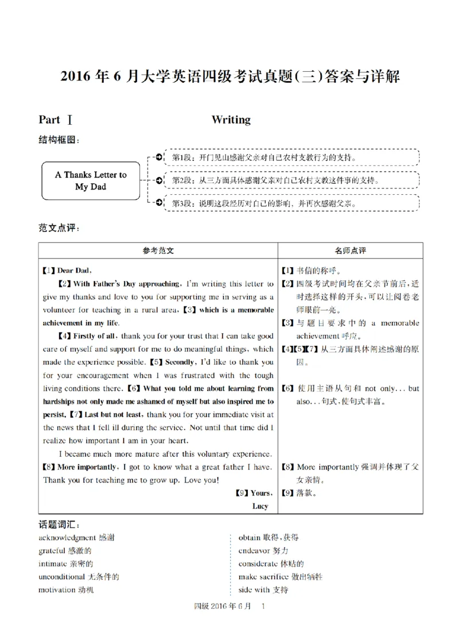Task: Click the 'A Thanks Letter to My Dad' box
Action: pos(91,180)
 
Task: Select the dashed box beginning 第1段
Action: pos(291,157)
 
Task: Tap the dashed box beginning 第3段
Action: pos(291,203)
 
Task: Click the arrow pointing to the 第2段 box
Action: pos(158,180)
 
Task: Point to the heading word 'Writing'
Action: pos(231,119)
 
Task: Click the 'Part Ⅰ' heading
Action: pos(55,119)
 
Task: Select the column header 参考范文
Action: pos(158,250)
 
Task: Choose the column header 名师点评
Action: pos(350,250)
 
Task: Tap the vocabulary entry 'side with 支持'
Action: pos(263,589)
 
